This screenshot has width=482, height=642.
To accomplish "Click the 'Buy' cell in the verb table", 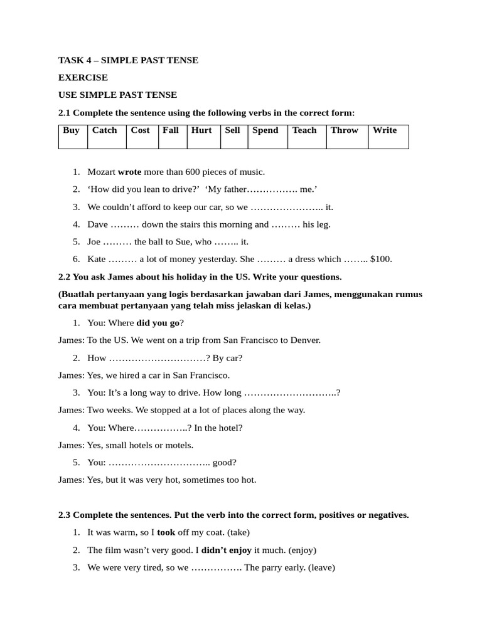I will [72, 136].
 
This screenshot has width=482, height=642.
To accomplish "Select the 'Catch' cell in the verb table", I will [106, 136].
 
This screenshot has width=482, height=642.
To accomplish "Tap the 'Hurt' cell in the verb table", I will [203, 136].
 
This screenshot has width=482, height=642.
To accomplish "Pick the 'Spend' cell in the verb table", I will [267, 136].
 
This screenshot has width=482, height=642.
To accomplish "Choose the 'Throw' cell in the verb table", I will [346, 136].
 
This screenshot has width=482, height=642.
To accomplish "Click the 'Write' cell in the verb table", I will [387, 136].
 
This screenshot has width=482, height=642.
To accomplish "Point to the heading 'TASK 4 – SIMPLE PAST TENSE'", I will [128, 60].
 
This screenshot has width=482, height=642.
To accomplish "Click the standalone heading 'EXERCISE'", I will [83, 78].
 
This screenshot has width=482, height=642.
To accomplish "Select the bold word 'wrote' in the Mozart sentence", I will [129, 172].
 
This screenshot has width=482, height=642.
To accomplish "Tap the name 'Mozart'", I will [101, 172].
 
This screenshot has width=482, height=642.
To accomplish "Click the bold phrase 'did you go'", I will [158, 323].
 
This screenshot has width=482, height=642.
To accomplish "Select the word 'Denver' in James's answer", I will [304, 340].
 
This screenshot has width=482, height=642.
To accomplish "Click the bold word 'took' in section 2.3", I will [166, 532].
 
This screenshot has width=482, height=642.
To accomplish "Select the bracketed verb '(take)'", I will [238, 532].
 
